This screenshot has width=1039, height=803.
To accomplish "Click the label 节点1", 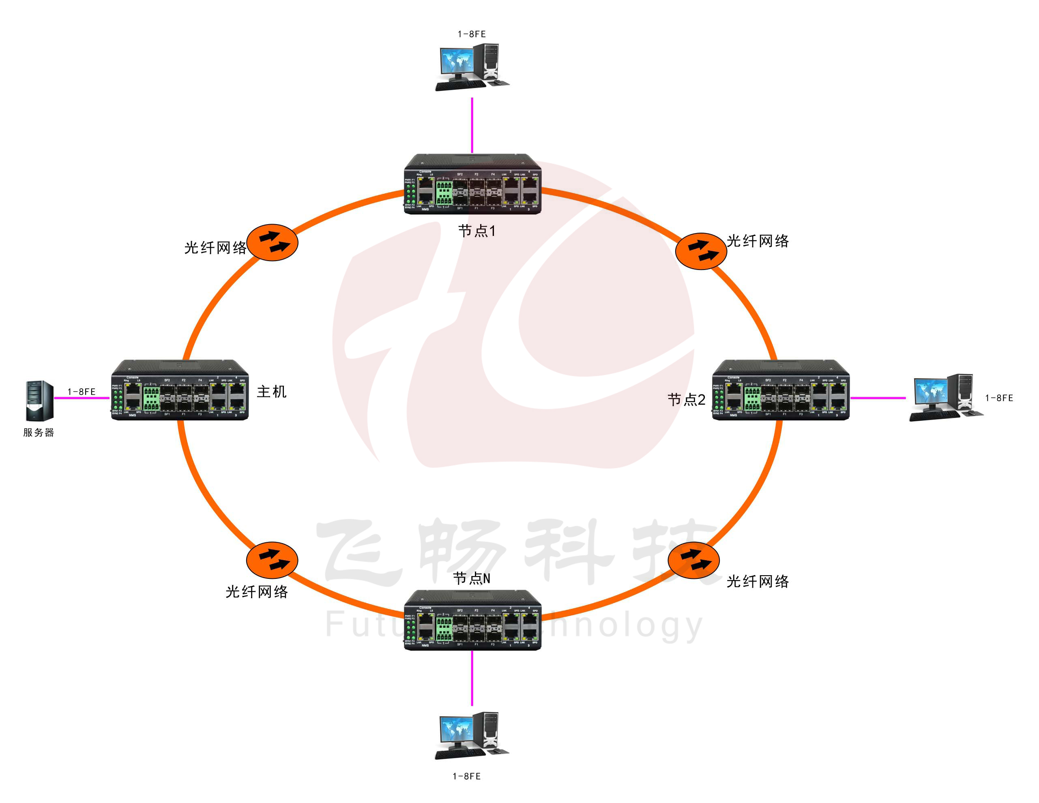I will tap(477, 231).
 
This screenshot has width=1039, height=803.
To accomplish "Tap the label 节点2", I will tap(686, 399).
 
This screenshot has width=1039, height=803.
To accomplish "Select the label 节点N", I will tap(472, 578).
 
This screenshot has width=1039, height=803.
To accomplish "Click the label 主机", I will tap(272, 392).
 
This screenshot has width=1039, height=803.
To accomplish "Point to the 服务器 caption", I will tap(39, 432).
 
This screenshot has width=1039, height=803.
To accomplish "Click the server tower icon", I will tap(39, 401).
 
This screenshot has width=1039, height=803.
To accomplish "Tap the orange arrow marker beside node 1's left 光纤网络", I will tap(272, 242).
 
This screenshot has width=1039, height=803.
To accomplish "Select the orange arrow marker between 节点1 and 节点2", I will tap(701, 251).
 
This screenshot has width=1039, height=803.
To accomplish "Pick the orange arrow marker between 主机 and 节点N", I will tap(272, 560).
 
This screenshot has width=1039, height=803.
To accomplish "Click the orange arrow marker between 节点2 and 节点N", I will tap(693, 560).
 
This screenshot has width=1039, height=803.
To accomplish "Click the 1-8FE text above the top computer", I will tap(472, 34).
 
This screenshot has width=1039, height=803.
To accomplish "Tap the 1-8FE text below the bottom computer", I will tap(466, 776).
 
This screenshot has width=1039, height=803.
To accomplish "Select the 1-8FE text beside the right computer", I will tap(999, 398).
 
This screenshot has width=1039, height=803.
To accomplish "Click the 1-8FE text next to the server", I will tap(82, 392).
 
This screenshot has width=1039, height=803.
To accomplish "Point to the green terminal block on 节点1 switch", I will tap(444, 193).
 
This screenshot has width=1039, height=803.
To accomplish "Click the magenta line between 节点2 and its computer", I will tap(878, 398).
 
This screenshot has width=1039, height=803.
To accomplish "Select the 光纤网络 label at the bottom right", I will tap(758, 581).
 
